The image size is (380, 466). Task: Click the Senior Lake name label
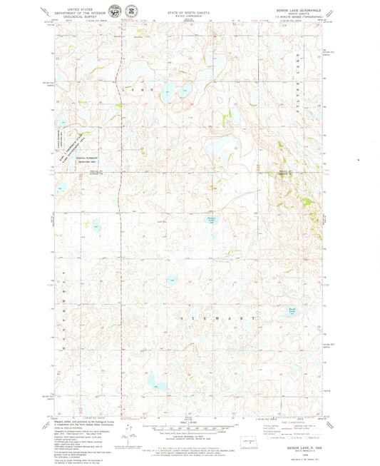coord(211,219)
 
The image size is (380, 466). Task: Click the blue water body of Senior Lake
coord(210,211)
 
